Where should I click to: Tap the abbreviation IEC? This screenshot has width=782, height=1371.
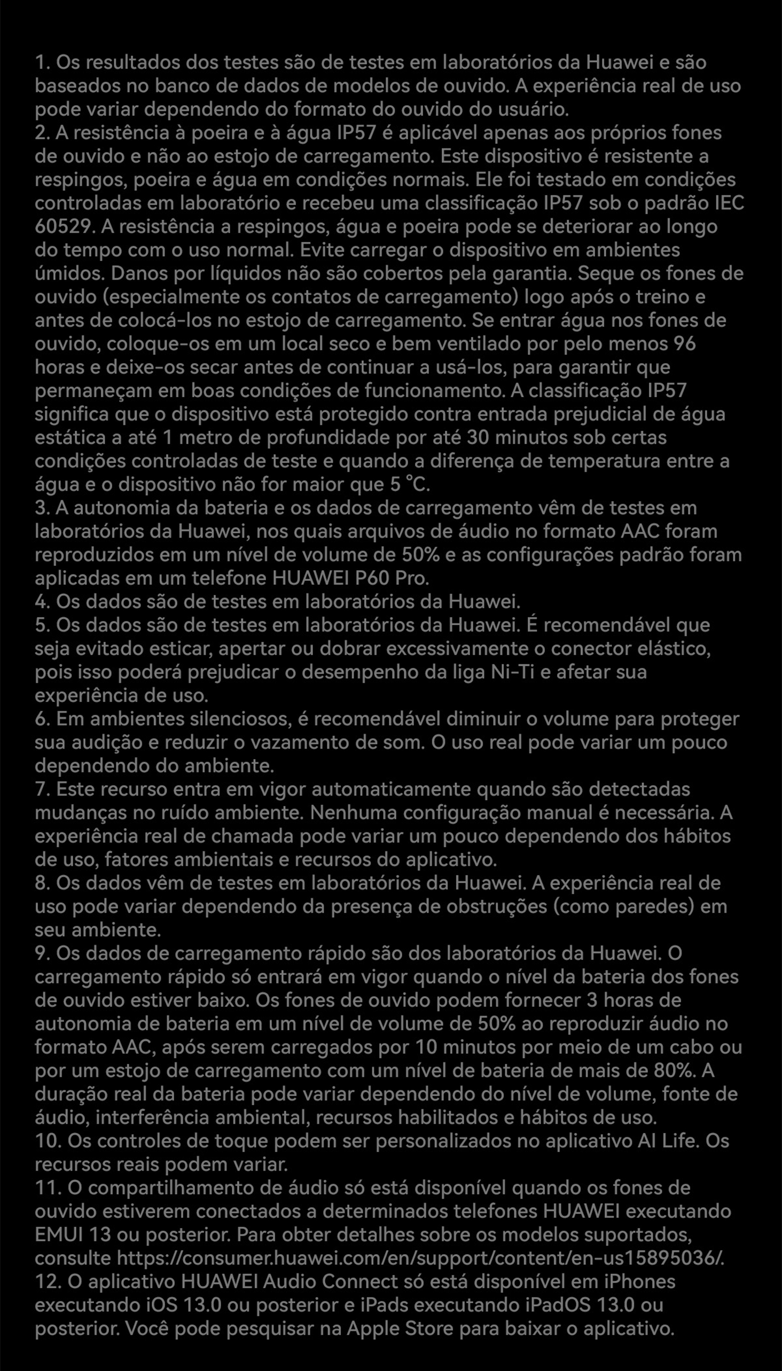click(729, 203)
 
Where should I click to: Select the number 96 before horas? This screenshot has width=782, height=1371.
click(684, 344)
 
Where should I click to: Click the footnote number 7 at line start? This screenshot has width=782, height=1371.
click(40, 790)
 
